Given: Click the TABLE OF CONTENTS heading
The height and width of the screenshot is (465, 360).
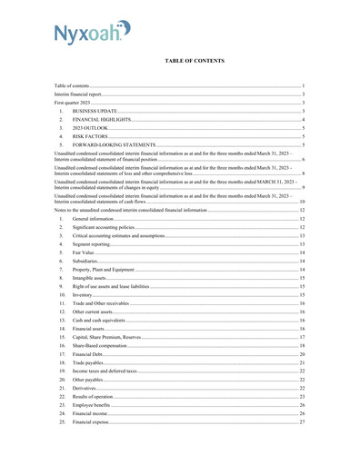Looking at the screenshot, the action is (x=195, y=61).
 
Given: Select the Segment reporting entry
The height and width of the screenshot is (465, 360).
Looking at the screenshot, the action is (x=93, y=243).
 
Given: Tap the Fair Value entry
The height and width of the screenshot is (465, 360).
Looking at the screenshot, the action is (x=85, y=252).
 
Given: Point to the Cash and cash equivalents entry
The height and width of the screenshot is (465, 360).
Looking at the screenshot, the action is (x=99, y=321).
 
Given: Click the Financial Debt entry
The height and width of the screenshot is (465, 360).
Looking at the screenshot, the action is (x=89, y=354).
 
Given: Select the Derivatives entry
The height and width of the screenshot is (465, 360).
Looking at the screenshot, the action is (x=85, y=388).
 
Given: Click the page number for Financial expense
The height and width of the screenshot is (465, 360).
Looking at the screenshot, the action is (x=302, y=422).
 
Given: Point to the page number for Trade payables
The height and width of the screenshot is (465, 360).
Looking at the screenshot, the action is (x=302, y=362).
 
